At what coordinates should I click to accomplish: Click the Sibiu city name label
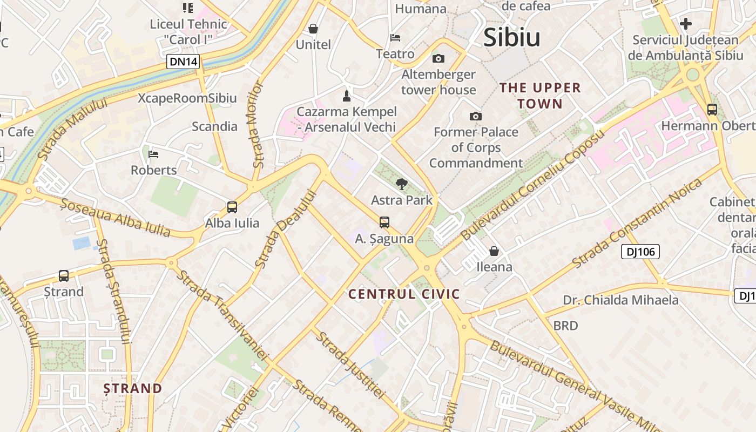[x=511, y=37]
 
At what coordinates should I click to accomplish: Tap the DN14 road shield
[x=184, y=62]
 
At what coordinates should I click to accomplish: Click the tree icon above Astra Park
[x=401, y=184]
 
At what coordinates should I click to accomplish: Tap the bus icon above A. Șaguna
[x=384, y=222]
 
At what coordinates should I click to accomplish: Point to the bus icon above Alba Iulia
[x=232, y=207]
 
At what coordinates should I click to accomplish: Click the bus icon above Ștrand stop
[x=64, y=276]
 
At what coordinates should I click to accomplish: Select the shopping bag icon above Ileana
[x=494, y=251]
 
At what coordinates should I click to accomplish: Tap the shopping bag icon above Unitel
[x=313, y=29]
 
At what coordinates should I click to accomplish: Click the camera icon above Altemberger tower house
[x=438, y=58]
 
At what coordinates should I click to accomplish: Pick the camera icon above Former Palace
[x=476, y=116]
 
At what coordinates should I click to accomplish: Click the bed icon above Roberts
[x=154, y=154]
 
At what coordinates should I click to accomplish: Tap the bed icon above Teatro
[x=395, y=38]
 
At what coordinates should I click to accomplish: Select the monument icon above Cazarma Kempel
[x=347, y=96]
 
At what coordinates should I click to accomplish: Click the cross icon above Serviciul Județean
[x=686, y=24]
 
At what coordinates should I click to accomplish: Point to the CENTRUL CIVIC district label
[x=404, y=294]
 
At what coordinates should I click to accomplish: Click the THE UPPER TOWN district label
[x=539, y=96]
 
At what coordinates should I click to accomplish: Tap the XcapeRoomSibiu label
[x=187, y=98]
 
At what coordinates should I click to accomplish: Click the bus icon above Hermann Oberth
[x=712, y=110]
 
